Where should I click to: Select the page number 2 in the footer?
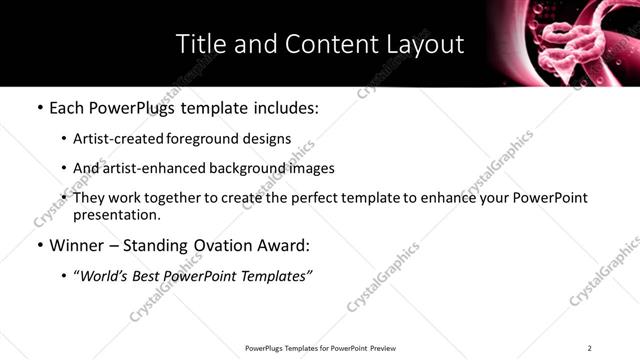[x=589, y=348]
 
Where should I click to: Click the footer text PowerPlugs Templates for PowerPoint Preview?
[x=320, y=348]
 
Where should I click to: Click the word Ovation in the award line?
[x=217, y=245]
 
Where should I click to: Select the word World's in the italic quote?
[x=108, y=275]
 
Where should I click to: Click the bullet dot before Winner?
[x=39, y=245]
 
